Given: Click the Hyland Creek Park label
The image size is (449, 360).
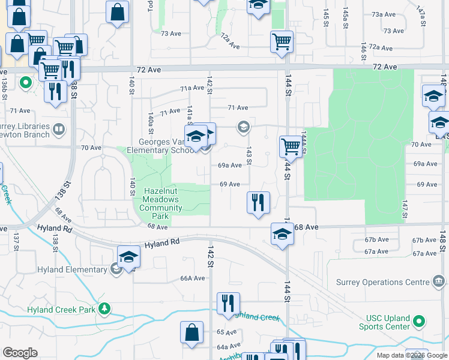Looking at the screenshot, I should (61, 310).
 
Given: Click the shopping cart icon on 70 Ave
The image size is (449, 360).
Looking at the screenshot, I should (291, 146).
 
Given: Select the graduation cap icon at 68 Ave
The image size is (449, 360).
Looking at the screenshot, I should (282, 233).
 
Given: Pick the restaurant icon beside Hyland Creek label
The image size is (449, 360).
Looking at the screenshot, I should (228, 302).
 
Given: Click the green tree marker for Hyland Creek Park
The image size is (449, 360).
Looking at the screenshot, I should (105, 309).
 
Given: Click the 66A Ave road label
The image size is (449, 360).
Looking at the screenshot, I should (193, 278).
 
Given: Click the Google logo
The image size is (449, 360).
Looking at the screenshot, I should (20, 353).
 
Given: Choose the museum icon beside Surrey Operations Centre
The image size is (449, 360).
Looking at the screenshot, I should (438, 281).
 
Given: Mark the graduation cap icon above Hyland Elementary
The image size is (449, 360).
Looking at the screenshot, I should (128, 257).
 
